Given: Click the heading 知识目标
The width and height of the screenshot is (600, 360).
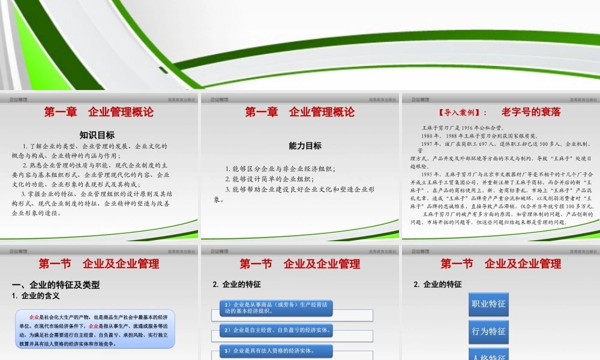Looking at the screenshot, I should point(97,135).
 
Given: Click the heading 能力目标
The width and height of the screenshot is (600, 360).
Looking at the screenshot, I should point(305,146).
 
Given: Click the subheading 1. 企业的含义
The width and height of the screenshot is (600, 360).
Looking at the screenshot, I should point(36,296).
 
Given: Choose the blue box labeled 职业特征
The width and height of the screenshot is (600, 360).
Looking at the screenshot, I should point(488,304).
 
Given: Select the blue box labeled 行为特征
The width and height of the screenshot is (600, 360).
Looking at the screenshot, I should point(488,331).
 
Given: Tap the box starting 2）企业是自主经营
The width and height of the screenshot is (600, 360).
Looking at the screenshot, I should point(276,330).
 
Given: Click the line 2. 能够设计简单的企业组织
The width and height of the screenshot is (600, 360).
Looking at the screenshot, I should point(270,179).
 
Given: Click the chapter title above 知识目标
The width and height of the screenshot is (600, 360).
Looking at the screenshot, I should point(99,112).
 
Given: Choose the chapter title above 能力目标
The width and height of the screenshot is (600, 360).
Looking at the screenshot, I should point(300,112).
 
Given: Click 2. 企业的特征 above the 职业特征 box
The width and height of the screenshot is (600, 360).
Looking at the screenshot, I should point(437,284).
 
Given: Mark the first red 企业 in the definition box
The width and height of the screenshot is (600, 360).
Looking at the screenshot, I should point(34,316).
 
